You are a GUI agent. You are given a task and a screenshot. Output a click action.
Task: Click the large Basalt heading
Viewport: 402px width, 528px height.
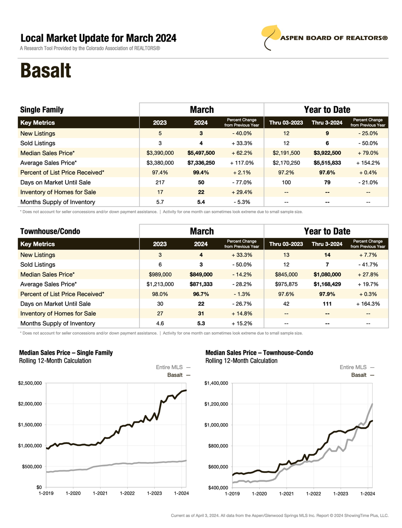point(45,71)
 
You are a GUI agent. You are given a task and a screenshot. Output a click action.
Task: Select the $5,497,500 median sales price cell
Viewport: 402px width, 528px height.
point(201,153)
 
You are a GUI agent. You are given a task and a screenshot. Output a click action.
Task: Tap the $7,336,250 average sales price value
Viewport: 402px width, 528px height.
point(201,163)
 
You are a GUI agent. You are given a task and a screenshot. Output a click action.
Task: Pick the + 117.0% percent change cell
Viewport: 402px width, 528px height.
point(242,163)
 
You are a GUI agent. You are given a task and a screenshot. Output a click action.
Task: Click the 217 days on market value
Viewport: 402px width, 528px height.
point(160,182)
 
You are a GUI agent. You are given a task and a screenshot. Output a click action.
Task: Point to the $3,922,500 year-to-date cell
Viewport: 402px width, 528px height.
point(327,153)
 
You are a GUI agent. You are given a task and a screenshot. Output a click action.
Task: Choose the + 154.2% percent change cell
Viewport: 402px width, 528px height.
point(368,163)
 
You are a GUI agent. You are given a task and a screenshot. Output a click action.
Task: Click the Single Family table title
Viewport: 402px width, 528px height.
point(42,110)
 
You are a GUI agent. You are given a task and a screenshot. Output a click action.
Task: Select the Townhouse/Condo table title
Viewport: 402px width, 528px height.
point(50,231)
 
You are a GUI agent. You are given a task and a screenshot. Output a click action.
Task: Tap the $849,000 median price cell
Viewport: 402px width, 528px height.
point(201,274)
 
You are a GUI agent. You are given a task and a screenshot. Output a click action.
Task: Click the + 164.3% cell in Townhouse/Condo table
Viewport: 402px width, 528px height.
point(368,304)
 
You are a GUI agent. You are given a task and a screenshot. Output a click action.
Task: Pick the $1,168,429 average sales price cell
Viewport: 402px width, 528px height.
point(327,284)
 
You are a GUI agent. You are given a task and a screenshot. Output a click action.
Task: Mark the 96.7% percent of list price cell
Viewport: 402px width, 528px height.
point(201,294)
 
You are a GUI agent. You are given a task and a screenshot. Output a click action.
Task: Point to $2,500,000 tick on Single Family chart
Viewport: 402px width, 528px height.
point(30,383)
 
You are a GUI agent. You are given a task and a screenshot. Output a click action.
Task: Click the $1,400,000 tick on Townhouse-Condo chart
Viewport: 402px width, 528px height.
point(216,383)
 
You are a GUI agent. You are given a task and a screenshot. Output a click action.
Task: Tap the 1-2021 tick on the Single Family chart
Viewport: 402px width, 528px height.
point(100,493)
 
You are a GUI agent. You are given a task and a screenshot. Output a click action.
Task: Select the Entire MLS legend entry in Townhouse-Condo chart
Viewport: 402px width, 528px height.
point(353,367)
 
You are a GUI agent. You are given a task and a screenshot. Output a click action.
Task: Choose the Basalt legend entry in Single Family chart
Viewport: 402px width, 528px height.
point(175,375)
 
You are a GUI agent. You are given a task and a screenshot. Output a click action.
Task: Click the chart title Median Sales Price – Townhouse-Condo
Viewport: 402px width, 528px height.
point(259,353)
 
